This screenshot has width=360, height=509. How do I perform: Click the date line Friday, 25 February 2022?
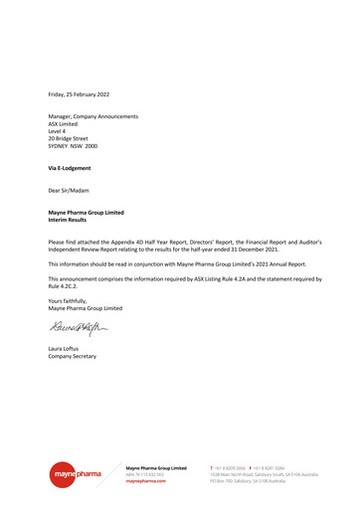click(x=79, y=93)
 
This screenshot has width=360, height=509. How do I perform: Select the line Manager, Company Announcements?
click(x=93, y=117)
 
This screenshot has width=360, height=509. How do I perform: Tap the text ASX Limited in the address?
click(x=65, y=124)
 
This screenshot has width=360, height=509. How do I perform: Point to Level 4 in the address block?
click(x=58, y=131)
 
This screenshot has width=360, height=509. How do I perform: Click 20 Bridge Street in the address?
click(x=68, y=138)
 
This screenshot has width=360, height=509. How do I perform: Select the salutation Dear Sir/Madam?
click(x=70, y=190)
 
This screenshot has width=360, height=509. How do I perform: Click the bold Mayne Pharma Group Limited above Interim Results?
click(x=86, y=213)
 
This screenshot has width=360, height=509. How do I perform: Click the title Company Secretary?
click(x=73, y=355)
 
